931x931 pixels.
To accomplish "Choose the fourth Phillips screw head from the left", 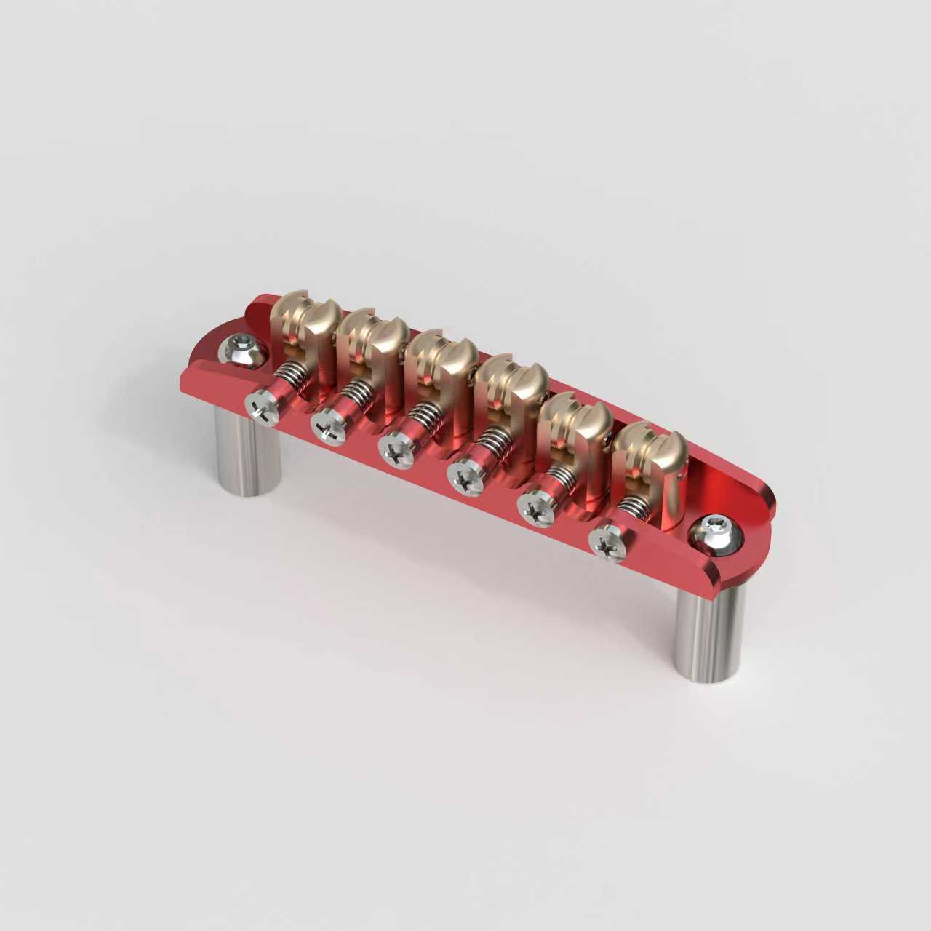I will [463, 477].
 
